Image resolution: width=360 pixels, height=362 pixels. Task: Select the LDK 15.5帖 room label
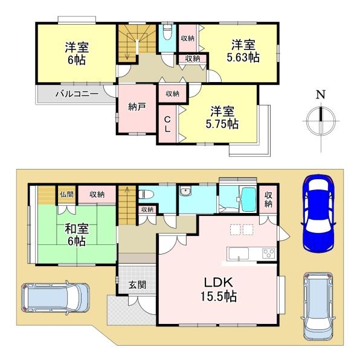(x=219, y=290)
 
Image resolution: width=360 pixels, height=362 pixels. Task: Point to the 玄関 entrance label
(x=136, y=284)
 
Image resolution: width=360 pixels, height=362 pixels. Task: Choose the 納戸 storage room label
(x=137, y=106)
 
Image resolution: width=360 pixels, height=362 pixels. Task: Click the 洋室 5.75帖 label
(x=223, y=117)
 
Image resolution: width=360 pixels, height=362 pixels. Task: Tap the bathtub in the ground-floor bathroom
(x=247, y=197)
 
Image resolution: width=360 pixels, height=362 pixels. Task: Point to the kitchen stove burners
(x=268, y=254)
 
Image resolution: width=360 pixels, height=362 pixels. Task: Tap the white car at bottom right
(x=320, y=305)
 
